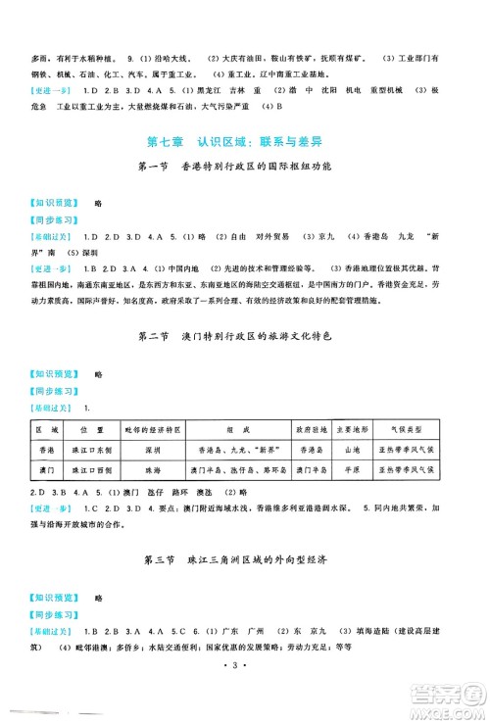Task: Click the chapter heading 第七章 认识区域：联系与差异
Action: pos(245,135)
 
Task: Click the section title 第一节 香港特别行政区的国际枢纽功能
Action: pos(245,167)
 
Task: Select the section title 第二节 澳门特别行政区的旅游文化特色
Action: pos(245,338)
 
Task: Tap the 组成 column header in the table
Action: pos(229,428)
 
